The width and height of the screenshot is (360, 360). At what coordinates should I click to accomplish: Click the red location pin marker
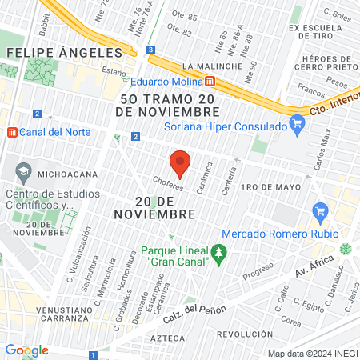(181, 162)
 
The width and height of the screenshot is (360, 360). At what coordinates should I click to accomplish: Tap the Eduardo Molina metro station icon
(210, 81)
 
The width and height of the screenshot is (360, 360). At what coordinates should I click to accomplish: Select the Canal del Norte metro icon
(11, 132)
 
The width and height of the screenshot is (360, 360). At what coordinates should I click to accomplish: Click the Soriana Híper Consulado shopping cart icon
(298, 123)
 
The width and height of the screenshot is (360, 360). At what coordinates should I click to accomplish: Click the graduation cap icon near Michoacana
(23, 171)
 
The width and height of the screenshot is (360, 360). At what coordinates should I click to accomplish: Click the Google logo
(26, 350)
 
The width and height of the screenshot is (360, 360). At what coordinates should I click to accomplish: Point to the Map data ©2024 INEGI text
(311, 354)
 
